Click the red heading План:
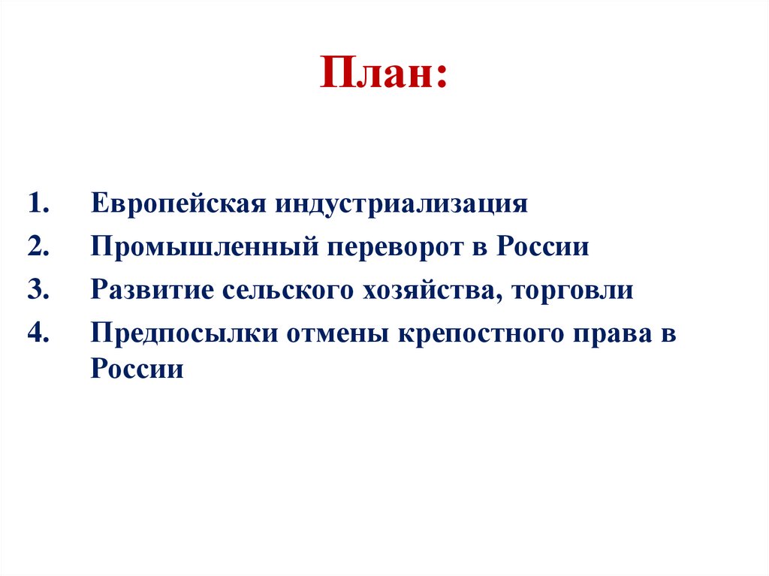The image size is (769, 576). click(x=383, y=75)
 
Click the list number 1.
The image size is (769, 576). click(x=38, y=205)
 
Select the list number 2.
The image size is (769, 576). click(x=38, y=248)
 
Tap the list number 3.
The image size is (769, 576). click(x=38, y=291)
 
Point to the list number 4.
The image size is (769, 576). click(x=38, y=333)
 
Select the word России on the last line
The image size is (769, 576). click(x=137, y=369)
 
